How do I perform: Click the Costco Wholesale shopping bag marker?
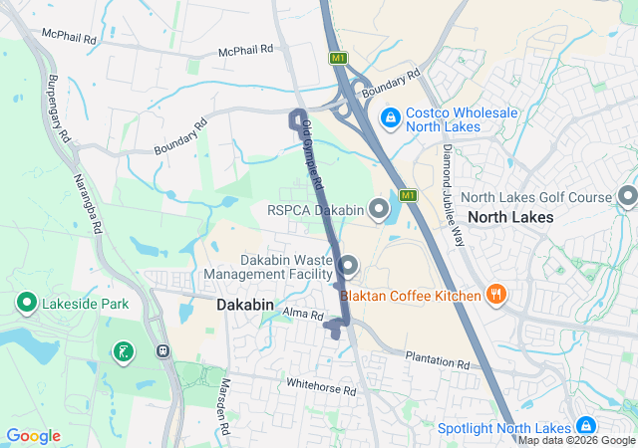click(391, 117)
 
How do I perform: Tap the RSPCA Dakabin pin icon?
click(379, 209)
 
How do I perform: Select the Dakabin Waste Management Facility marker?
click(348, 266)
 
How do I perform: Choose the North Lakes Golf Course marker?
click(627, 197)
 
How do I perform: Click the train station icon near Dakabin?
click(161, 350)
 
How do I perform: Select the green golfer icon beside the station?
click(123, 351)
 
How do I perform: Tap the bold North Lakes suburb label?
click(515, 217)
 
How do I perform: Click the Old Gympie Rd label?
click(313, 155)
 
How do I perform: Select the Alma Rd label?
click(304, 316)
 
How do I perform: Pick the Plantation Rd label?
click(437, 359)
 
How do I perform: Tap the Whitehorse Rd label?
click(320, 388)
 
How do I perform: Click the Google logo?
click(33, 436)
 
